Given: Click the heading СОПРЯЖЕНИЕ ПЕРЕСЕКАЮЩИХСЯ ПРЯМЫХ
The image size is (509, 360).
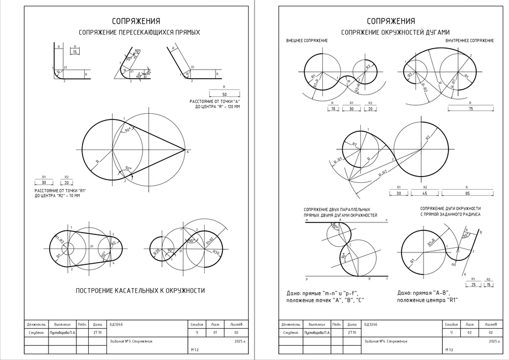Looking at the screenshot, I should (139, 32).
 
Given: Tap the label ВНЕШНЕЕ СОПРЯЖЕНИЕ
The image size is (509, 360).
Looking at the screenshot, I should (307, 41).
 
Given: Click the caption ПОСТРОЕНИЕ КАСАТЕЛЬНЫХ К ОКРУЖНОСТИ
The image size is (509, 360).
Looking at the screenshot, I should (140, 291).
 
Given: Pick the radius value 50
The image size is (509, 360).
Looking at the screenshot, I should (225, 94).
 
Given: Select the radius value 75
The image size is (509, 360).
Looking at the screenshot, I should (471, 109).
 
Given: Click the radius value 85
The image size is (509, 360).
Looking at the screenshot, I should (467, 194).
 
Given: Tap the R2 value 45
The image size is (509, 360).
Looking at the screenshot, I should (425, 194).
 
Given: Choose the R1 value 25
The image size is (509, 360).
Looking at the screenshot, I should (473, 285).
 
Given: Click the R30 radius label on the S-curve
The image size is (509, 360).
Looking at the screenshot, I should (216, 252).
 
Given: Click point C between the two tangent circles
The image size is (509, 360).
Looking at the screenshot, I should (351, 245).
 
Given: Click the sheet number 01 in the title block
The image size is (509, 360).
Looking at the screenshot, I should (215, 333).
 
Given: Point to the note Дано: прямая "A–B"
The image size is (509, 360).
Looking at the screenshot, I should (423, 293).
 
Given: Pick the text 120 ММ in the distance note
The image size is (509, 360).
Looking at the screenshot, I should (232, 106).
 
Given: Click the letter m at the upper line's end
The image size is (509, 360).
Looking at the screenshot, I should (307, 219).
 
